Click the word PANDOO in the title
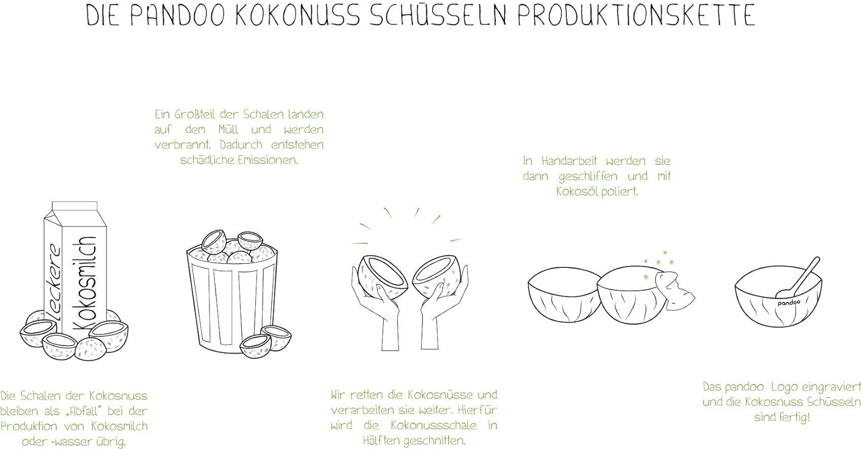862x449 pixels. tap(178, 16)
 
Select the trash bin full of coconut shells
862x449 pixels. tap(232, 293)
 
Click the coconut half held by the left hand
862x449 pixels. tap(383, 277)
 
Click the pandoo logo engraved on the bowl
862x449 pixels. tap(788, 303)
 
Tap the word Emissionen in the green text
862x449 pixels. tap(267, 160)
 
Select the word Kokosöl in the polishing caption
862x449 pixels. tap(576, 191)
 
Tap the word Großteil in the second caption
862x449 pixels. tap(195, 114)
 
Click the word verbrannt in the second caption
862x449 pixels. tap(182, 145)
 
